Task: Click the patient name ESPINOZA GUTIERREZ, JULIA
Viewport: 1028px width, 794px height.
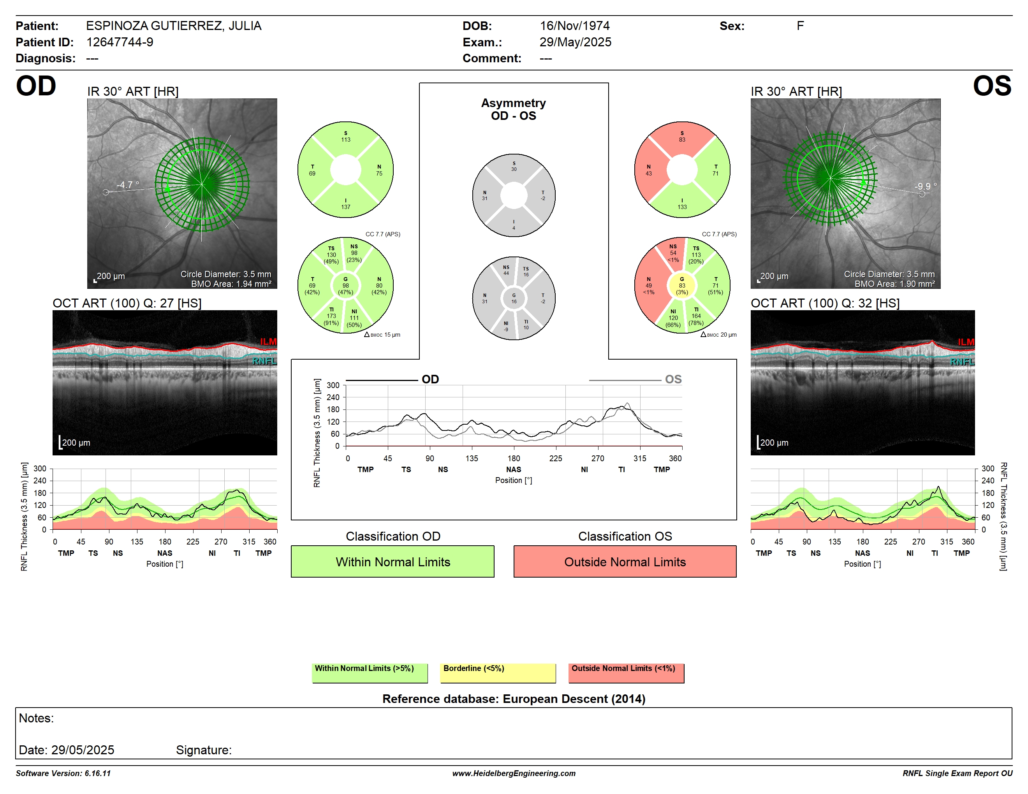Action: pyautogui.click(x=174, y=26)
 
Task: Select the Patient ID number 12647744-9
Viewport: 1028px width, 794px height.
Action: pyautogui.click(x=120, y=42)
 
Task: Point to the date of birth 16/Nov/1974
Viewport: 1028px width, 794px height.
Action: pyautogui.click(x=574, y=26)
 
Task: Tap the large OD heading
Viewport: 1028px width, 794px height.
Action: pyautogui.click(x=36, y=86)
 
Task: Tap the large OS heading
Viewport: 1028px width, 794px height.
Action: pyautogui.click(x=992, y=86)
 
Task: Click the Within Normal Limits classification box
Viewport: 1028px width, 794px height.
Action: pyautogui.click(x=393, y=561)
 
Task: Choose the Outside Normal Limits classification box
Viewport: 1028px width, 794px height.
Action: pyautogui.click(x=625, y=561)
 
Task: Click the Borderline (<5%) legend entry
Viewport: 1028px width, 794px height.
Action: pyautogui.click(x=498, y=673)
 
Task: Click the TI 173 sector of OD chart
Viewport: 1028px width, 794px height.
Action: pyautogui.click(x=332, y=316)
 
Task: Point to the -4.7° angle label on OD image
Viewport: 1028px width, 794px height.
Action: pyautogui.click(x=128, y=185)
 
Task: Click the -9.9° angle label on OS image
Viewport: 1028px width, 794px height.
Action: pyautogui.click(x=925, y=186)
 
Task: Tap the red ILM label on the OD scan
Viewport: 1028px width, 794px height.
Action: pyautogui.click(x=268, y=341)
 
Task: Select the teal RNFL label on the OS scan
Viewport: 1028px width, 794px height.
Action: pyautogui.click(x=962, y=362)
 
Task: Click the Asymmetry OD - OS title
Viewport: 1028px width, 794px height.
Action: pyautogui.click(x=514, y=109)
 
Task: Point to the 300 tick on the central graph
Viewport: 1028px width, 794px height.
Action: pyautogui.click(x=333, y=385)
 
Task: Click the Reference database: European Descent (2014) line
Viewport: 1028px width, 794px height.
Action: pyautogui.click(x=514, y=699)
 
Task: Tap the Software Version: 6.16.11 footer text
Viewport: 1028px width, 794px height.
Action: pyautogui.click(x=63, y=773)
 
